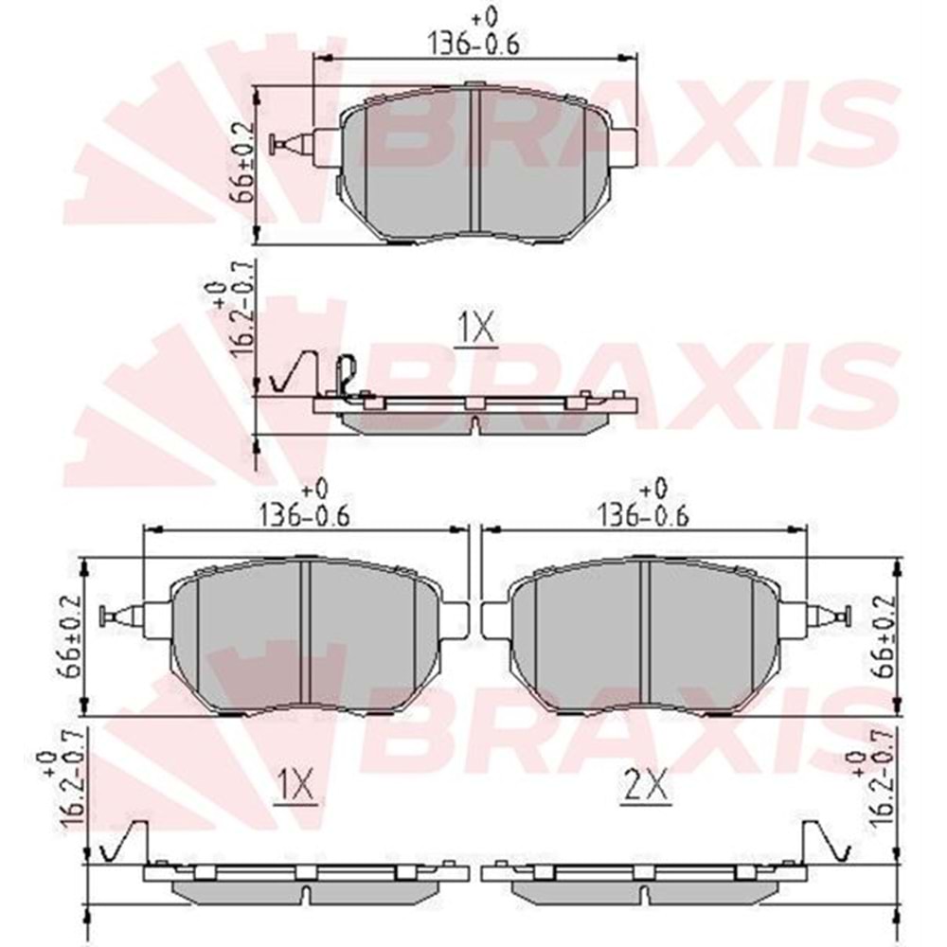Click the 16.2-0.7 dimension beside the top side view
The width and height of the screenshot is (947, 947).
coord(232,315)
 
